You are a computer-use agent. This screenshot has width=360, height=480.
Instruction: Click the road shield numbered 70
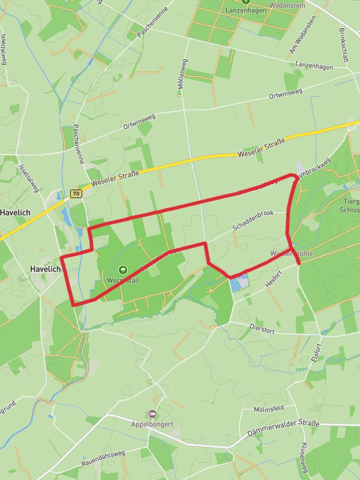[x=76, y=194]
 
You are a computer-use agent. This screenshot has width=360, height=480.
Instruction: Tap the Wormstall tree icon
[x=123, y=270]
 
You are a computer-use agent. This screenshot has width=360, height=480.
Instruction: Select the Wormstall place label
[x=122, y=280]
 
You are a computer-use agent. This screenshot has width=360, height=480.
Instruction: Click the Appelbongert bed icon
[x=152, y=413]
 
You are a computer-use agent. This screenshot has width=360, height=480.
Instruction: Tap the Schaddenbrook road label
[x=253, y=220]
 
